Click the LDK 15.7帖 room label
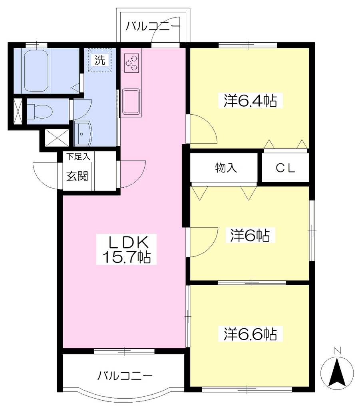coord(127,249)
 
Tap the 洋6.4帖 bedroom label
coord(250,100)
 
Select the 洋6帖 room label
coord(250,235)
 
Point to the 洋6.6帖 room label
coord(250,334)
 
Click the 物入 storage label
coord(226,168)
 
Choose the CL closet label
coord(285,168)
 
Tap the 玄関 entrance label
coord(77,176)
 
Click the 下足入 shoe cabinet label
coord(78,157)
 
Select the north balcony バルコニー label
coord(153,26)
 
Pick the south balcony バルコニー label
coord(125,376)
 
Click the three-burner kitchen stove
coord(131,63)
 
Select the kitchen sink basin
coord(131,102)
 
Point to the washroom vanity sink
coord(83,133)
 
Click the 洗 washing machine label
coord(99,60)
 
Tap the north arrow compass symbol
coord(337,372)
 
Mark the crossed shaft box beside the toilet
coord(17,111)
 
